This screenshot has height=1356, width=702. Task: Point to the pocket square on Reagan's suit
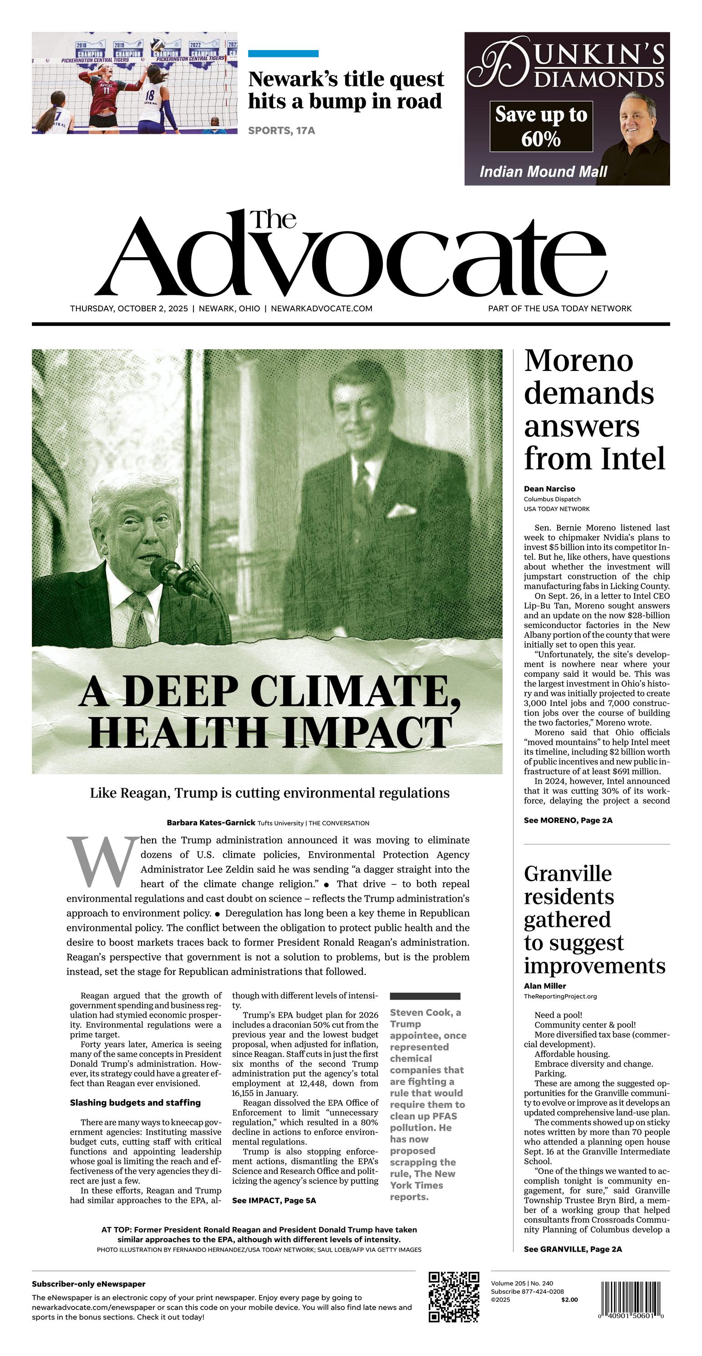pos(401,509)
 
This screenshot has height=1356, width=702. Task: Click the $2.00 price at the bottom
pos(569,1299)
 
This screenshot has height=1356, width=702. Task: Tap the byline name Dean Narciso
pos(549,488)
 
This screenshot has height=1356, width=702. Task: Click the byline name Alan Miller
pos(544,985)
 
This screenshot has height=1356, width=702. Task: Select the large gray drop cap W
pos(102,862)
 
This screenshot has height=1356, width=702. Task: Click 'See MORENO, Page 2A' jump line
pos(568,820)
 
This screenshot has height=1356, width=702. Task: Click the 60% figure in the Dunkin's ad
pos(541,139)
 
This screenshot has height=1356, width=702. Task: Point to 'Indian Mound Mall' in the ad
pos(543,172)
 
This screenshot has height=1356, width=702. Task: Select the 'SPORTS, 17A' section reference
pos(281,131)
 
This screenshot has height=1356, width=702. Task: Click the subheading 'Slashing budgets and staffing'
pos(135,1102)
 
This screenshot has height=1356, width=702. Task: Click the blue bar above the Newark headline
pos(283,53)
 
